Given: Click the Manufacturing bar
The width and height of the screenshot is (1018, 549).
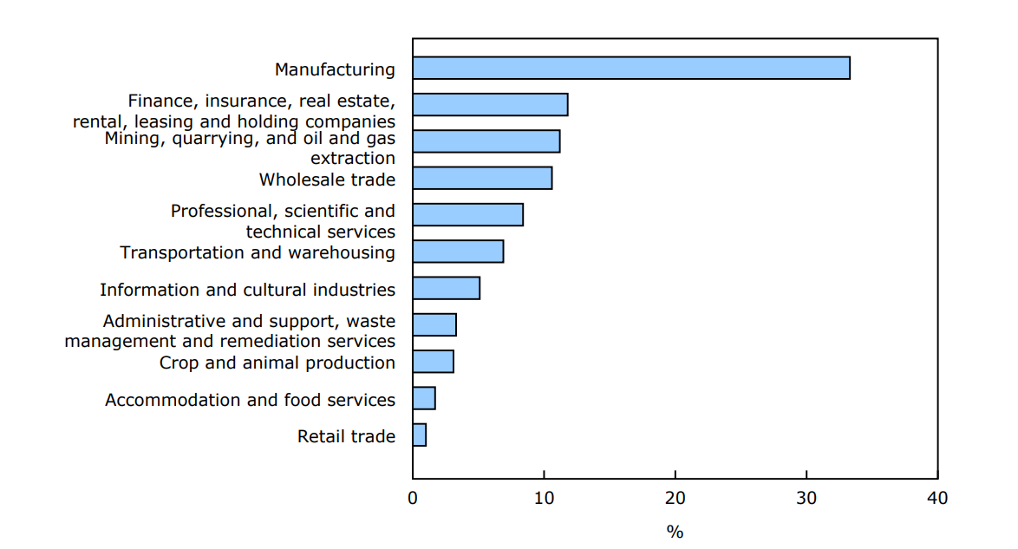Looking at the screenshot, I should (x=631, y=68).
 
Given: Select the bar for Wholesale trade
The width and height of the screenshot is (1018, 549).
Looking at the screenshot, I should (x=482, y=178).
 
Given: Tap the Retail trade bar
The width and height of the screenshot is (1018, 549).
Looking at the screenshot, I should (x=420, y=435).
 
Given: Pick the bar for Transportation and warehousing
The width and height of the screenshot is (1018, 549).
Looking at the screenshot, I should (x=458, y=252).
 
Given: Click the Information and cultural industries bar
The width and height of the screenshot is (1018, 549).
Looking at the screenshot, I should (x=447, y=288).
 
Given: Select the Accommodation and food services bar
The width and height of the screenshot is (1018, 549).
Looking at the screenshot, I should (x=424, y=398).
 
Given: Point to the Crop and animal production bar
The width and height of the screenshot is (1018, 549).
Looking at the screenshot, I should (x=434, y=362).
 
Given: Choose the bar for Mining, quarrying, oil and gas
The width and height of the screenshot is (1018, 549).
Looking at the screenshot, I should (x=486, y=141).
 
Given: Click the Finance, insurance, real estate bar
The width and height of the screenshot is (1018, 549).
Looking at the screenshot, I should (x=490, y=104).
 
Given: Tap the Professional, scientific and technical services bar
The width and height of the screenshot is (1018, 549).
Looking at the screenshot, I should (x=468, y=214).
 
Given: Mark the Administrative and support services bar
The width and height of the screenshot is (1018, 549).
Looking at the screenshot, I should (x=434, y=324).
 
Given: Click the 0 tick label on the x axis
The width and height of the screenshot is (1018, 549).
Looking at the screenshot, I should (x=413, y=499).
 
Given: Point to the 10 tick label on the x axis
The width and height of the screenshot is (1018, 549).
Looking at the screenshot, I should (x=544, y=499).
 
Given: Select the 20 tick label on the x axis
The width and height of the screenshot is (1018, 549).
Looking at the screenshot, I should (x=675, y=499).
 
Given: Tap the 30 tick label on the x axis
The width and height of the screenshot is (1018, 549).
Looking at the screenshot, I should (x=806, y=499).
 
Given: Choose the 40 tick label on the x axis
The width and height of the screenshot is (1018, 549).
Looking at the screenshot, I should (x=937, y=499).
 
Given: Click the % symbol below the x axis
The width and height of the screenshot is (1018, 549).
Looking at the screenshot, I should (x=675, y=532).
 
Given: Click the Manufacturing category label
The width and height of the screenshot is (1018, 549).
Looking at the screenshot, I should (x=335, y=69).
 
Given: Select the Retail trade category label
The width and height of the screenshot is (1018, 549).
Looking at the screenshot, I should (x=346, y=436).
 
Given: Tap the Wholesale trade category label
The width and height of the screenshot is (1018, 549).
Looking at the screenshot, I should (x=327, y=180).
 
